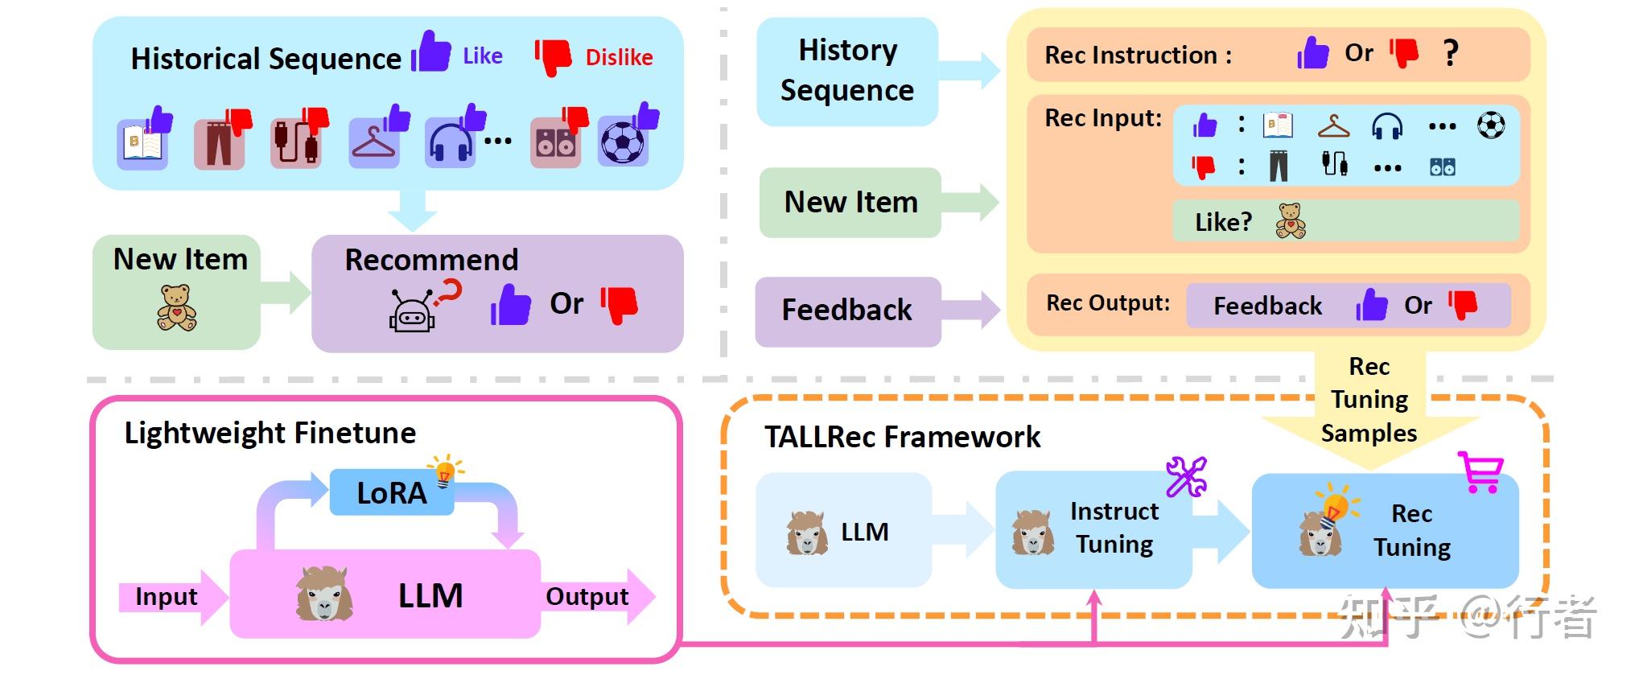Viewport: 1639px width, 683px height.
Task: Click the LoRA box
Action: point(391,492)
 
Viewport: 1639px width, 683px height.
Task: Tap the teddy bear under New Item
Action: point(176,308)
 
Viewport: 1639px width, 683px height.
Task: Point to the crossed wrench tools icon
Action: point(1186,477)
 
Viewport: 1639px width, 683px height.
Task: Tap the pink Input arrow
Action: point(169,597)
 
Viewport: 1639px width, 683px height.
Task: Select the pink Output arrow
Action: point(591,597)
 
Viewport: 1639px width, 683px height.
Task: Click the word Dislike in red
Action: point(618,58)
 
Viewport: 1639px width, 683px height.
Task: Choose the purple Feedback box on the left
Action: point(847,311)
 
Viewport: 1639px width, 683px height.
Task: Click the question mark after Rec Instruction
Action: point(1450,53)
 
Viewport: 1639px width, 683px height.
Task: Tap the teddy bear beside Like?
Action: point(1291,220)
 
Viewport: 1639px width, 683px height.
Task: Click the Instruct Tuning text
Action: point(1114,528)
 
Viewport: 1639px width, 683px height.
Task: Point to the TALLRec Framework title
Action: point(901,437)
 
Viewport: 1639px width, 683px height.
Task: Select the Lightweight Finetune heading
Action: point(270,433)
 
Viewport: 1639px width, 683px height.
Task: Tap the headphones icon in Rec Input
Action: point(1387,127)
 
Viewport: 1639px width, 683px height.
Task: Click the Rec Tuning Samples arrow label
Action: point(1369,400)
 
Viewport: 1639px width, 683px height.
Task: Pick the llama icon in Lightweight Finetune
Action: point(324,594)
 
